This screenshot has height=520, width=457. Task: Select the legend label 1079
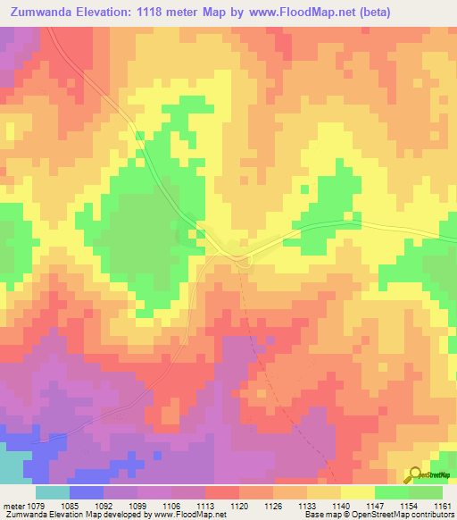tap(37, 507)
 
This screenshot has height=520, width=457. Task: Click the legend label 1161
tap(440, 507)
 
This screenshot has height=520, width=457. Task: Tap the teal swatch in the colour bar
tap(52, 492)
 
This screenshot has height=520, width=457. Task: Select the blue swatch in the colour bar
tap(87, 492)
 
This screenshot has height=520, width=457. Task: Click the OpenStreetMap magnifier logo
tap(416, 475)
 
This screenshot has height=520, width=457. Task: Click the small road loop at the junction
tap(244, 258)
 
